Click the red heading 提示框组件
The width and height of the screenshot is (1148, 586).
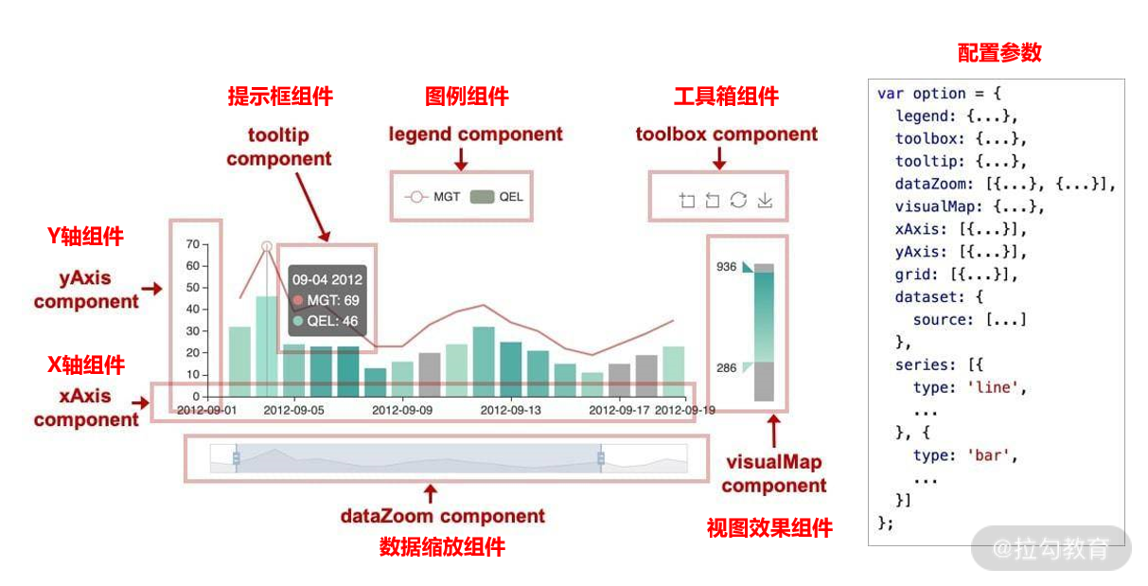tap(280, 97)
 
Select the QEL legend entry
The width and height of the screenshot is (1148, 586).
tap(497, 197)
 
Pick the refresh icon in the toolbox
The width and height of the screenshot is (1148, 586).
tap(739, 200)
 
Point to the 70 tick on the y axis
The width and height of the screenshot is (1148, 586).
tap(192, 243)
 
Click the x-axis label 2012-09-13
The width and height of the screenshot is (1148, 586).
tap(510, 410)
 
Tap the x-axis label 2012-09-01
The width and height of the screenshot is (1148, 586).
tap(206, 410)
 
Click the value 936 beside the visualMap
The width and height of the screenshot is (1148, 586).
tap(726, 267)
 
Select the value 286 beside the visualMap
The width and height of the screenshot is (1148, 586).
tap(726, 367)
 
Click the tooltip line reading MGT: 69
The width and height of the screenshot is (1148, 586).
tap(327, 300)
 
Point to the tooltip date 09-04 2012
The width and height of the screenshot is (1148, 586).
tap(327, 279)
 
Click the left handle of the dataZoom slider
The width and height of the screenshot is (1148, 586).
tap(236, 458)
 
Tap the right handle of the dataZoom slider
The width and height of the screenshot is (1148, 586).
tap(601, 458)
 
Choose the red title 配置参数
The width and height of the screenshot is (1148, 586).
tap(999, 52)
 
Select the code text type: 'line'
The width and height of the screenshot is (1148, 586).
tap(969, 387)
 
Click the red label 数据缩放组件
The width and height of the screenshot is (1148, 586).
tap(442, 547)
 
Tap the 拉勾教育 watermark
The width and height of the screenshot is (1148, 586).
tap(1051, 548)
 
